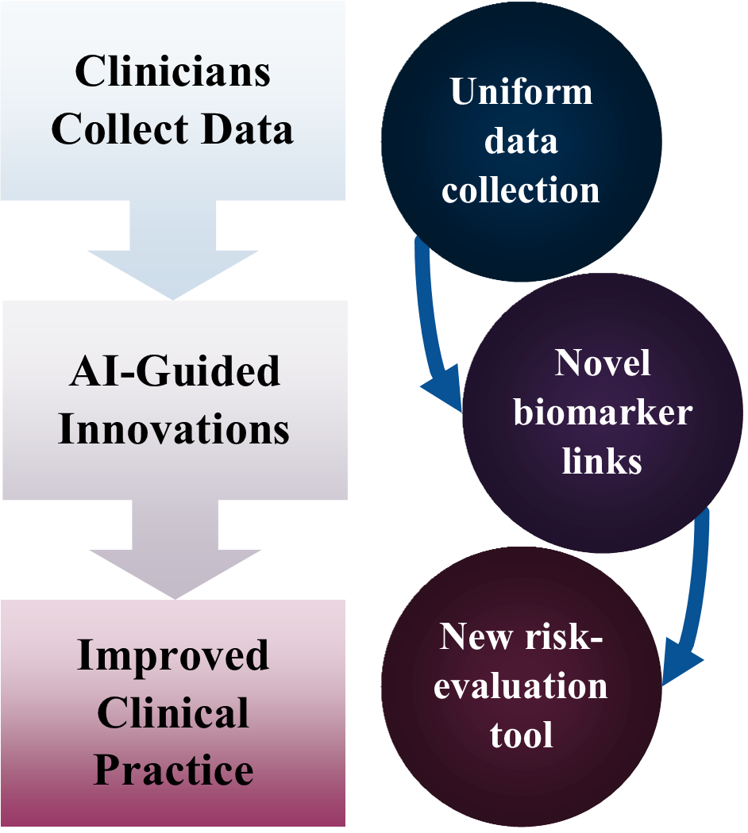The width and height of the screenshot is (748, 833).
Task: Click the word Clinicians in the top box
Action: [172, 72]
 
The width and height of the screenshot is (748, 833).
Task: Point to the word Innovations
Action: [173, 429]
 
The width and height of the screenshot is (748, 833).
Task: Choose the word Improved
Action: [173, 657]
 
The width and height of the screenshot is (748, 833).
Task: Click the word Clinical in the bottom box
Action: [173, 713]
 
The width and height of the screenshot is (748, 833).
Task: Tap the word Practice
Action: [173, 770]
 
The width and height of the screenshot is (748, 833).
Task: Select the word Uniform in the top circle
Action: [521, 92]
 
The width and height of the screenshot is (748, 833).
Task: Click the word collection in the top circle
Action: [521, 191]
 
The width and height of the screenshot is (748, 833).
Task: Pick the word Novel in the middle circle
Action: [603, 363]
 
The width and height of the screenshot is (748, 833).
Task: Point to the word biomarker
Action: [603, 413]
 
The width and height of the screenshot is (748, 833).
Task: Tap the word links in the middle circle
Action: [603, 462]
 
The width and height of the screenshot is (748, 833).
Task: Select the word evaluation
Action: [521, 685]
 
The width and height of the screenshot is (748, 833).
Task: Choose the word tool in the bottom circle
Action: [521, 735]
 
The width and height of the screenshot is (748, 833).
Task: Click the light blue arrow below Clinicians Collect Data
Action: [173, 250]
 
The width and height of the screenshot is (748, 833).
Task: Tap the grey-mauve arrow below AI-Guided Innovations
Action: [173, 549]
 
